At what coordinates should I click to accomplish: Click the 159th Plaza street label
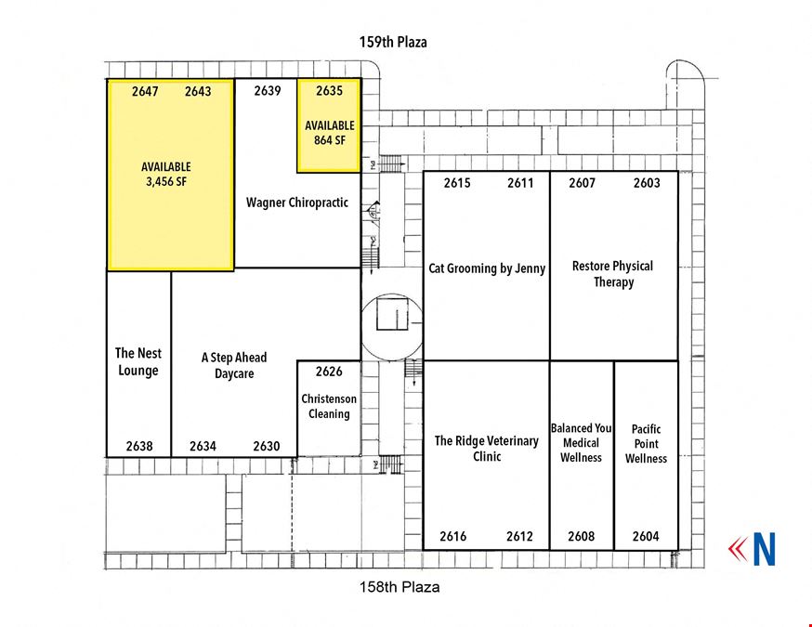pos(393,42)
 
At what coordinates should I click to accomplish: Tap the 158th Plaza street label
pos(399,587)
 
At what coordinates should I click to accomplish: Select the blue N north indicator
pos(765,549)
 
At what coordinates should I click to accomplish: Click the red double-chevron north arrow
pos(738,549)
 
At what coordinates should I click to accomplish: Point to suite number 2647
pos(145,92)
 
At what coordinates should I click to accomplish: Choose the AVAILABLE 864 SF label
pos(330,133)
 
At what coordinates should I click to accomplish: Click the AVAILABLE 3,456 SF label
pos(166,174)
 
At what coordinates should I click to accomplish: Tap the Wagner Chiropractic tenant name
pos(297,202)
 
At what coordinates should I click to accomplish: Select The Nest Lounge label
pos(138,362)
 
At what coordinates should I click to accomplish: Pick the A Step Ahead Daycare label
pos(234,366)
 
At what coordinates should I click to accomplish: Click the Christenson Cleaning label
pos(329,407)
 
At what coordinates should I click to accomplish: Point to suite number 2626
pos(330,372)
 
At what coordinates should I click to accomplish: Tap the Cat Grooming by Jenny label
pos(487,268)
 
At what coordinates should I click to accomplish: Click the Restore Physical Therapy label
pos(613,274)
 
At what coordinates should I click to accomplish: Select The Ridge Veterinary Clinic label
pos(486,449)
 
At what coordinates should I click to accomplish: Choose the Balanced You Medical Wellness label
pos(581,443)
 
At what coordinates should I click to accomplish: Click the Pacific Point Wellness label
pos(646,444)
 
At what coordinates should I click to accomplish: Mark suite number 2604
pos(646,536)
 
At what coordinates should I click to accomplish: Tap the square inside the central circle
pos(393,312)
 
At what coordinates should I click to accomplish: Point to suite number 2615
pos(457,183)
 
